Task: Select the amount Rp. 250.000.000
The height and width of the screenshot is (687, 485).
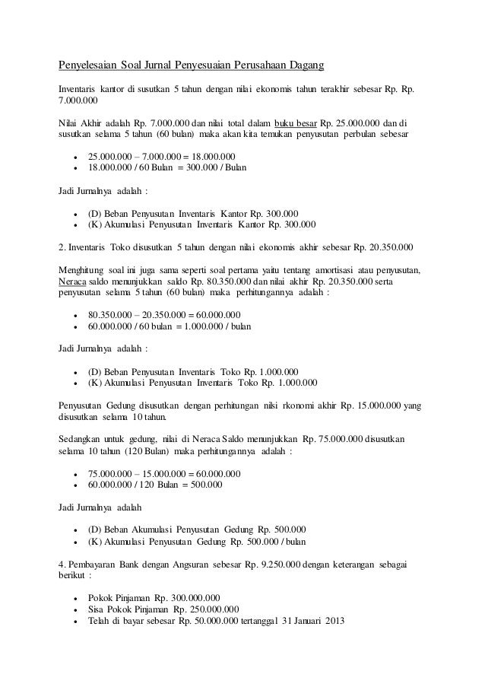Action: [206, 609]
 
